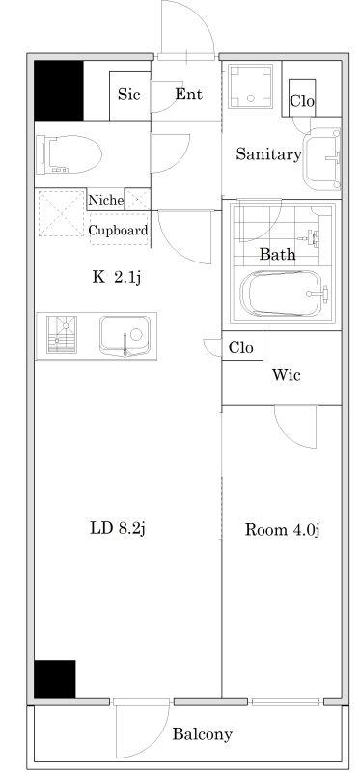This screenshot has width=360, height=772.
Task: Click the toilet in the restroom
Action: [71, 154]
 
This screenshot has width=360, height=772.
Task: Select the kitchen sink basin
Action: [125, 336]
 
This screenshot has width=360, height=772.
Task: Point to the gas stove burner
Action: [62, 335]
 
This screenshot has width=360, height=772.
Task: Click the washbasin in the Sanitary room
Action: [322, 158]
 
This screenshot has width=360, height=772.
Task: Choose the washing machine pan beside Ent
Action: [251, 87]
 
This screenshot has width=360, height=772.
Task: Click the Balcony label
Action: [202, 734]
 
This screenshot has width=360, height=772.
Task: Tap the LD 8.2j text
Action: [117, 529]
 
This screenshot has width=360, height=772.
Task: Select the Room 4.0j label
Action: [283, 530]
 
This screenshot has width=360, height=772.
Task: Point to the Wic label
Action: [286, 375]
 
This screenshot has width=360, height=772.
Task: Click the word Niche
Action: [106, 201]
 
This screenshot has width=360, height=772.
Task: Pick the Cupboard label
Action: [118, 230]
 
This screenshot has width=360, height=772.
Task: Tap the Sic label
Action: [128, 94]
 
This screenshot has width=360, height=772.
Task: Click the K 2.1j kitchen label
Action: [117, 278]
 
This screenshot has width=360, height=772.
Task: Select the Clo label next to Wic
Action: [241, 347]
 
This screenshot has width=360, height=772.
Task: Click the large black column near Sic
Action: [59, 91]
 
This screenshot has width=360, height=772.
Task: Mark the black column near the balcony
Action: [55, 678]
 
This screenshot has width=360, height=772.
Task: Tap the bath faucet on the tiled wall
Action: [314, 237]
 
